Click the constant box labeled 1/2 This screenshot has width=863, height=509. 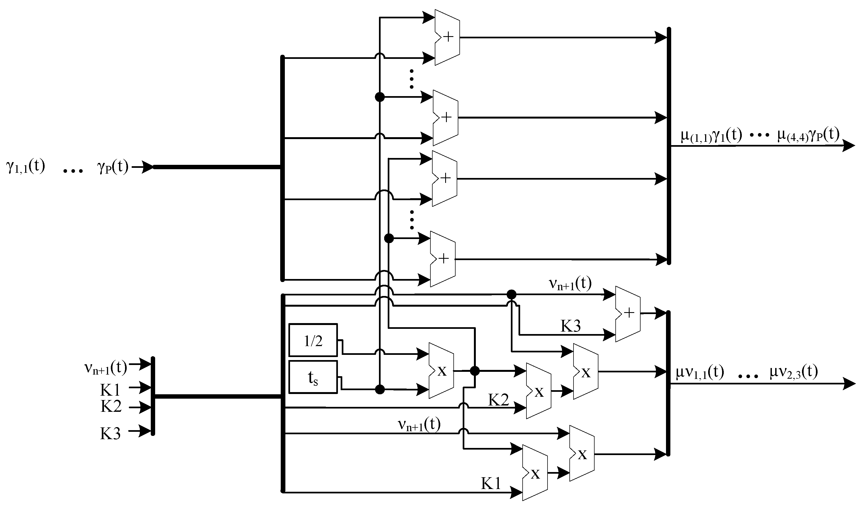pyautogui.click(x=313, y=340)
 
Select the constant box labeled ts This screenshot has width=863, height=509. pyautogui.click(x=313, y=377)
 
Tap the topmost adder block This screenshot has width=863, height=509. pyautogui.click(x=447, y=37)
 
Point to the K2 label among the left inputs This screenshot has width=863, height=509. pyautogui.click(x=111, y=406)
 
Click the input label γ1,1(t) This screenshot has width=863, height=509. pyautogui.click(x=26, y=167)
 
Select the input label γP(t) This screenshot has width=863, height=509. pyautogui.click(x=113, y=167)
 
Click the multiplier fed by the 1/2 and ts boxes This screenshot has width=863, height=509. pyautogui.click(x=441, y=371)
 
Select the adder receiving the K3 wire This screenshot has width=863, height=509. pyautogui.click(x=627, y=314)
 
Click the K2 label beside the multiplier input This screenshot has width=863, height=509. pyautogui.click(x=498, y=399)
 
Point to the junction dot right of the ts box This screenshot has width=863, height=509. pyautogui.click(x=380, y=389)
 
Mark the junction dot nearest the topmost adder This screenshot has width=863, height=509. pyautogui.click(x=380, y=97)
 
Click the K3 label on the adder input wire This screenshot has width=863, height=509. pyautogui.click(x=571, y=326)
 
